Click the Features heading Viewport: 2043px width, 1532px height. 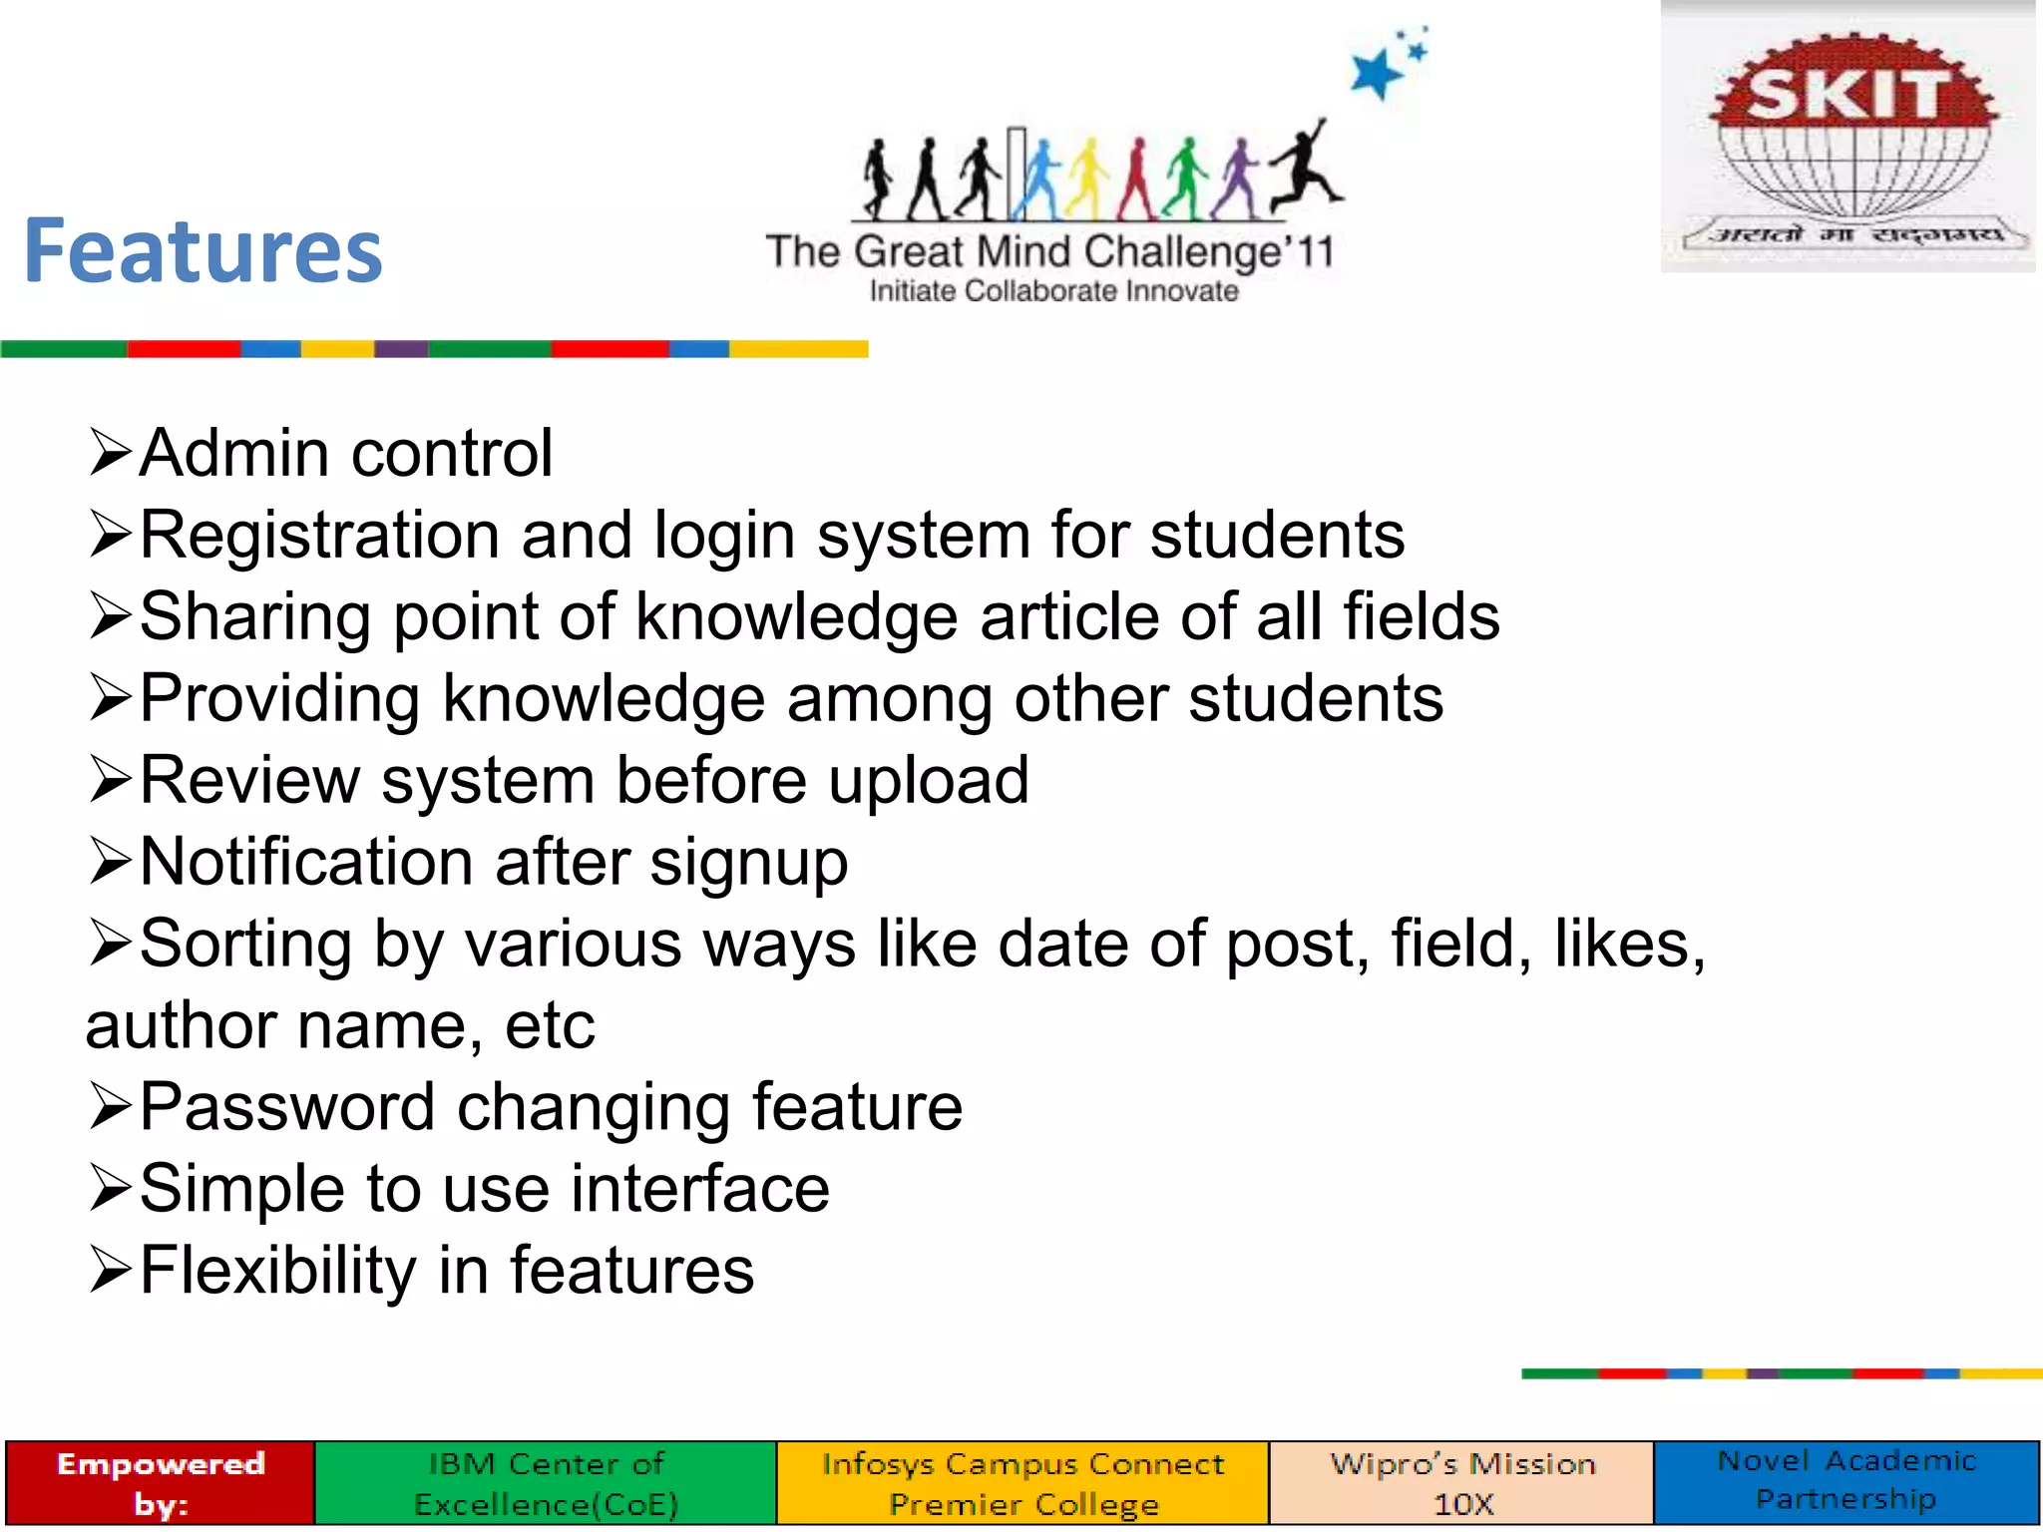click(x=204, y=251)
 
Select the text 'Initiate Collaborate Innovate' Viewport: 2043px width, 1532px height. click(x=1053, y=291)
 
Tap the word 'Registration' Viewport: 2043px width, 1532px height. click(x=318, y=536)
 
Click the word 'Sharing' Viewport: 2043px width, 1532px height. click(x=255, y=617)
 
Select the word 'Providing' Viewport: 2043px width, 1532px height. click(x=279, y=699)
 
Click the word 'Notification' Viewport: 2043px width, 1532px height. click(x=306, y=862)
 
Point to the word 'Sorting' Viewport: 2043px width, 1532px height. click(x=245, y=945)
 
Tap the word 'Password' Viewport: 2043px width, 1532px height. click(x=287, y=1107)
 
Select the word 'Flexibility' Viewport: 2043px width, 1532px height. click(x=277, y=1271)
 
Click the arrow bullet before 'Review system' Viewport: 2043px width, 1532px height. click(x=110, y=780)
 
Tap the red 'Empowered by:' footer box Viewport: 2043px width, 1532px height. click(x=161, y=1483)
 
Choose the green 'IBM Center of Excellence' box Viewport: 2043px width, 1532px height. click(x=546, y=1483)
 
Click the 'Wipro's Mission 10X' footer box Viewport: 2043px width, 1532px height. click(x=1461, y=1483)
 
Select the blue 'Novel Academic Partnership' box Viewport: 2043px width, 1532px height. click(x=1845, y=1481)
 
